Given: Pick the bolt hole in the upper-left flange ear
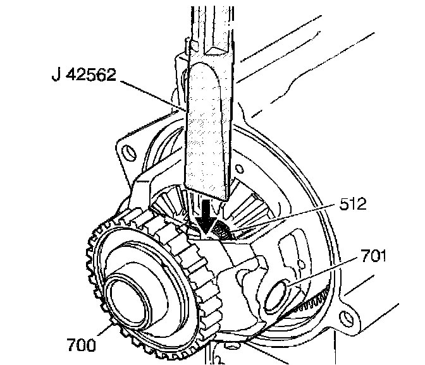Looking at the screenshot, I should pyautogui.click(x=130, y=153).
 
